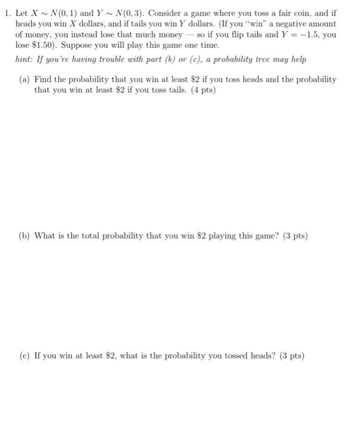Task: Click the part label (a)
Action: (x=26, y=80)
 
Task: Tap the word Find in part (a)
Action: (x=43, y=80)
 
